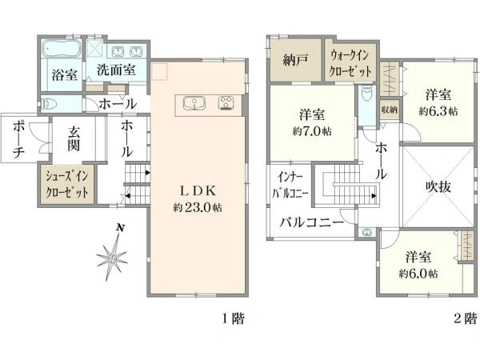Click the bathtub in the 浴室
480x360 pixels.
(x=62, y=48)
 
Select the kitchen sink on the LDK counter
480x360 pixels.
(x=194, y=103)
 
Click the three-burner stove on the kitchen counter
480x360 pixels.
(x=226, y=103)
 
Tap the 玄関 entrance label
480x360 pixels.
(x=74, y=139)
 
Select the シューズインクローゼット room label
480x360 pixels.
(x=67, y=185)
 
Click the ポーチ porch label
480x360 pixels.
(x=19, y=139)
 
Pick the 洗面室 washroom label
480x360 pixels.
(x=116, y=70)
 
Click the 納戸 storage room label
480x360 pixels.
(x=295, y=60)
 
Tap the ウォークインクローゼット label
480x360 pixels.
(x=350, y=64)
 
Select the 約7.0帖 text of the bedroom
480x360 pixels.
(x=312, y=132)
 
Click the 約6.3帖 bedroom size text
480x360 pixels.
(x=438, y=111)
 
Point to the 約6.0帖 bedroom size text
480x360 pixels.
(x=418, y=274)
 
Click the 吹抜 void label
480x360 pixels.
(x=438, y=186)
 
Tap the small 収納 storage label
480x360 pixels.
(x=390, y=110)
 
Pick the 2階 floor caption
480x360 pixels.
(x=466, y=318)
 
